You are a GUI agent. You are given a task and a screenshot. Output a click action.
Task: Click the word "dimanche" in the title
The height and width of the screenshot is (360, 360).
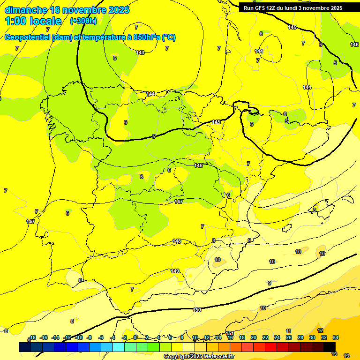point(26,10)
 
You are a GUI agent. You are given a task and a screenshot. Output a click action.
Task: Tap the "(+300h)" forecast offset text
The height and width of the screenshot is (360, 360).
point(83,21)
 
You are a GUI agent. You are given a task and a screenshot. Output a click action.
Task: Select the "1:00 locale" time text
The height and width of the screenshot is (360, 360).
point(33,21)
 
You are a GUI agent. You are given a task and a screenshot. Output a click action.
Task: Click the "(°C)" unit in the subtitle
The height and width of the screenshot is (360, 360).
point(169,37)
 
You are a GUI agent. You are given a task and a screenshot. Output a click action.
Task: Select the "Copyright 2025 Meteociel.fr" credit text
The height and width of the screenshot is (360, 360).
point(198,356)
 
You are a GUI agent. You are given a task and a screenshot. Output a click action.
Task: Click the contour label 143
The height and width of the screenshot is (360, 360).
point(140,52)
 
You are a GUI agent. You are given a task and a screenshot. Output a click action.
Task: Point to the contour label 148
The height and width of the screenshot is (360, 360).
point(177,241)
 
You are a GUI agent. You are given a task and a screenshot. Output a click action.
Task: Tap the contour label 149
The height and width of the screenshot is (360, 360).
point(175,271)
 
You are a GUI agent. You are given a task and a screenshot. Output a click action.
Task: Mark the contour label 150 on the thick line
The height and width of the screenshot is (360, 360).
point(197,310)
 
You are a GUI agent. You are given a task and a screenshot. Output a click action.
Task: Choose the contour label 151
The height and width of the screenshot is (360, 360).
point(230,333)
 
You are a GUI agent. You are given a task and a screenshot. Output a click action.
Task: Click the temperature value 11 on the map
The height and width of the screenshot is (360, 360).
point(288,331)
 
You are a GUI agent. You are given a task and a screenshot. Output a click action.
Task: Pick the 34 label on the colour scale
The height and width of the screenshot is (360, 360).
point(335,337)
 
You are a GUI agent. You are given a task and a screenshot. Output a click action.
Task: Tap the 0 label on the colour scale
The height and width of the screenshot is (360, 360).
point(135,337)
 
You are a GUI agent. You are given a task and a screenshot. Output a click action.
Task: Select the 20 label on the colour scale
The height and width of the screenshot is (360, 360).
point(253,337)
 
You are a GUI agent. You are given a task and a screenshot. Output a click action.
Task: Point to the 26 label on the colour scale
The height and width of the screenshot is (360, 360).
point(288,337)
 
